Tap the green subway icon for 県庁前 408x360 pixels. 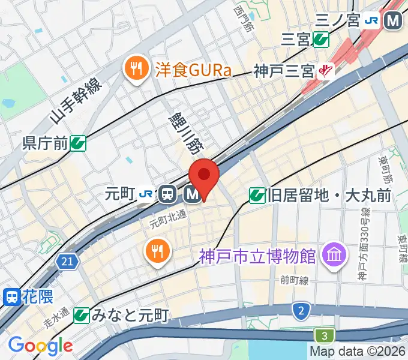click(x=77, y=143)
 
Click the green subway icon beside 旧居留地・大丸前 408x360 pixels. click(x=257, y=195)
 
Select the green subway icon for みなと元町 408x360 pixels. click(x=81, y=314)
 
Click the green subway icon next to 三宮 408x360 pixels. click(x=321, y=40)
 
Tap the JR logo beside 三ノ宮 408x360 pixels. click(x=371, y=20)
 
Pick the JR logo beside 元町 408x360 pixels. click(x=145, y=194)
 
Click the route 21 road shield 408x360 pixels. click(x=68, y=261)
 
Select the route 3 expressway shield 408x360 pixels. click(x=324, y=335)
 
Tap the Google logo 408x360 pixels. click(x=40, y=346)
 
